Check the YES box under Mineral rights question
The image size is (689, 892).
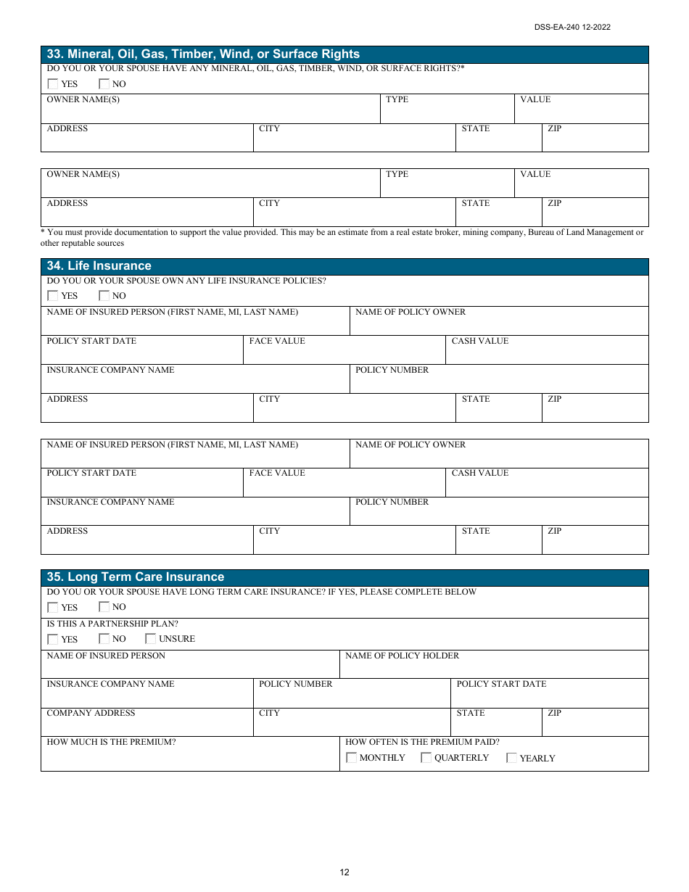pyautogui.click(x=53, y=84)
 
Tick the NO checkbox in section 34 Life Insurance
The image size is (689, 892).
pyautogui.click(x=104, y=296)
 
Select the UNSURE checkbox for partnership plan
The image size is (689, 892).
pyautogui.click(x=151, y=639)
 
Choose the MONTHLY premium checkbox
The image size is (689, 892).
pyautogui.click(x=352, y=758)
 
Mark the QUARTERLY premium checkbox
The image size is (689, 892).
pyautogui.click(x=426, y=758)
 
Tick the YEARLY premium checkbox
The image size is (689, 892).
pyautogui.click(x=512, y=758)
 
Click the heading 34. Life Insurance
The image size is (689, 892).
pyautogui.click(x=99, y=266)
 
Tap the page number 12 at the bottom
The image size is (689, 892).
pyautogui.click(x=344, y=872)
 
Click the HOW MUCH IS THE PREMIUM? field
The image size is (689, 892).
pyautogui.click(x=190, y=759)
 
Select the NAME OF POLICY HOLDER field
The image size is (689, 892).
pyautogui.click(x=493, y=668)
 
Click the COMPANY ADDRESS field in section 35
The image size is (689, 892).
pyautogui.click(x=147, y=726)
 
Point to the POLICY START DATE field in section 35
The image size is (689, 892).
pyautogui.click(x=549, y=697)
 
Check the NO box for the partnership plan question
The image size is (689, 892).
pyautogui.click(x=104, y=639)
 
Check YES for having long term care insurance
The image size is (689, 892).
pyautogui.click(x=53, y=607)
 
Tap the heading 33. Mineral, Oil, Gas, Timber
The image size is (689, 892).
pyautogui.click(x=203, y=54)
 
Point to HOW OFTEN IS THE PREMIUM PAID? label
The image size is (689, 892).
pyautogui.click(x=422, y=742)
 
